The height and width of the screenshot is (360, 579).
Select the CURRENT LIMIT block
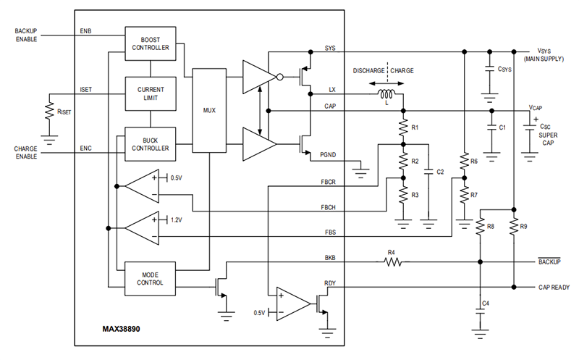(151, 93)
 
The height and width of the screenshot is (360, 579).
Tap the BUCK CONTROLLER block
(151, 142)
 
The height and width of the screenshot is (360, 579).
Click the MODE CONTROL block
(151, 278)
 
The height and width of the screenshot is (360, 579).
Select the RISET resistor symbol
(49, 112)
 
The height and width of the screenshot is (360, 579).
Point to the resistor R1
(403, 127)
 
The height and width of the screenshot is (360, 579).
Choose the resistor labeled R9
(513, 227)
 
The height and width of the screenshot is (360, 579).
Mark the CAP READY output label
(554, 287)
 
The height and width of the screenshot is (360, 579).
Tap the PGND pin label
(327, 154)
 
